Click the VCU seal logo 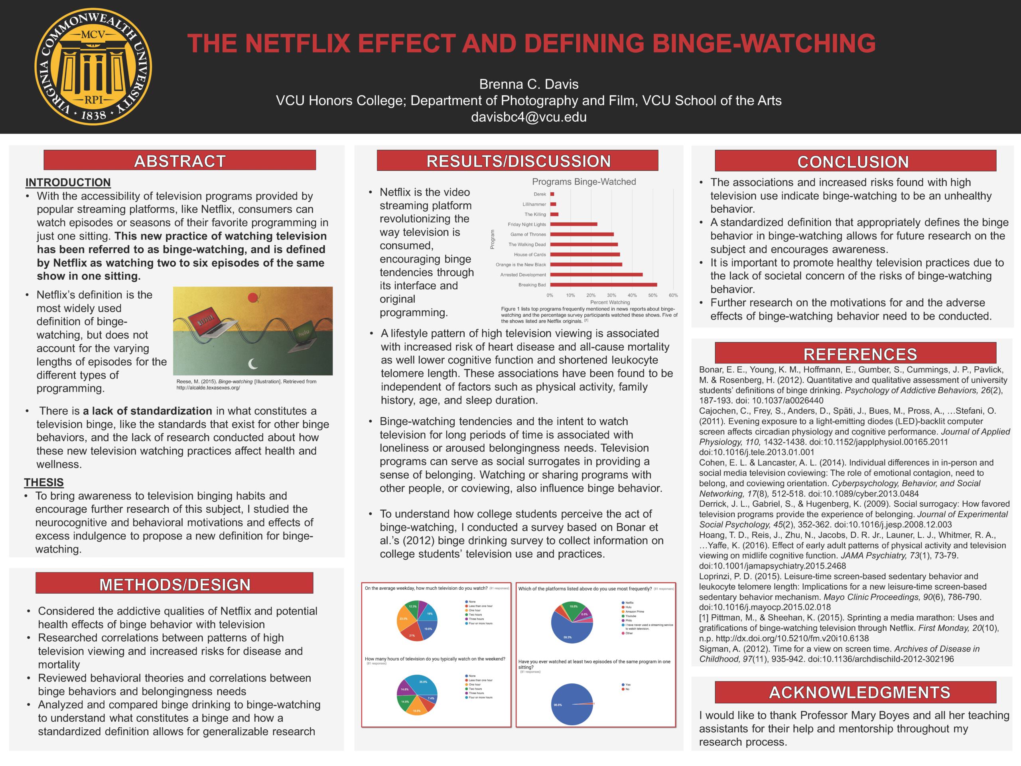[x=93, y=67]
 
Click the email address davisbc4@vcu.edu [x=528, y=117]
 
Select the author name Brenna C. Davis [x=528, y=84]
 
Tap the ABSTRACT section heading [x=179, y=161]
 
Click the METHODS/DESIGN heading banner [x=174, y=584]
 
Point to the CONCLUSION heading [x=855, y=162]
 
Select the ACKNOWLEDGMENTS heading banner [x=855, y=692]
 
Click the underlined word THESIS [x=44, y=482]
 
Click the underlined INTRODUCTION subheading [x=68, y=182]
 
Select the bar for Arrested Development [x=596, y=275]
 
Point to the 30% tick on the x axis [x=611, y=296]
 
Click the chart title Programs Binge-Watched [x=584, y=182]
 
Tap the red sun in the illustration [x=252, y=298]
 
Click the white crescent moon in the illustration [x=253, y=364]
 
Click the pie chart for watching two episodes [x=572, y=704]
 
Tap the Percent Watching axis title [x=610, y=302]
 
